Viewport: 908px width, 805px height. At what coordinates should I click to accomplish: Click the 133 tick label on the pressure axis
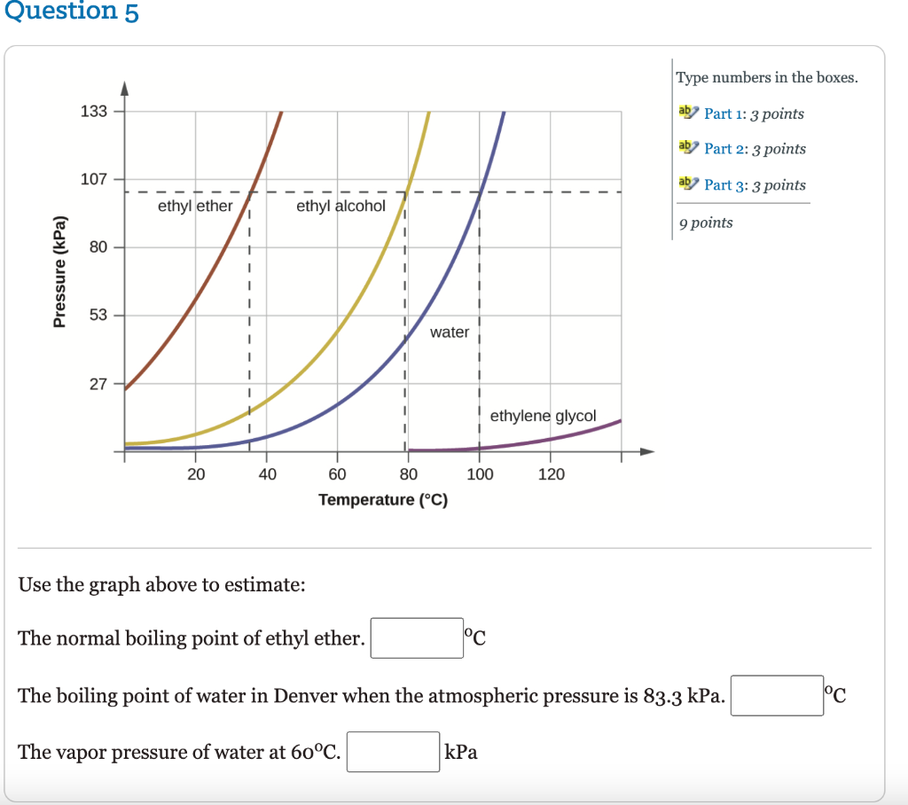(x=93, y=111)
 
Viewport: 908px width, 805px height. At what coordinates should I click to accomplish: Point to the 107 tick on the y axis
(x=93, y=179)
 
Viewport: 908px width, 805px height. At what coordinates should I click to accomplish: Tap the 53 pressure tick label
(x=97, y=315)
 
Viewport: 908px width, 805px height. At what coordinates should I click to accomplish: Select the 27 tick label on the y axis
(x=97, y=384)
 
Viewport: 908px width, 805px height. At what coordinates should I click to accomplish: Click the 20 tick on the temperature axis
(x=196, y=474)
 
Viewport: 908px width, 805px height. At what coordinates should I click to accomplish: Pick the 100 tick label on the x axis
(x=480, y=474)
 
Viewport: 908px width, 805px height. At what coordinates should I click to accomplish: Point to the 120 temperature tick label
(x=551, y=474)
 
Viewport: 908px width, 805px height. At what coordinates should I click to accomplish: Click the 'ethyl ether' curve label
(x=195, y=206)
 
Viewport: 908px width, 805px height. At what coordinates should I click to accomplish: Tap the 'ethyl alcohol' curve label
(x=340, y=206)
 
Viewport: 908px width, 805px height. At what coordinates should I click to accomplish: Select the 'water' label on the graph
(x=450, y=332)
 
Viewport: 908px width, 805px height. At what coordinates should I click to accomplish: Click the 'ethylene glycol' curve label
(x=543, y=416)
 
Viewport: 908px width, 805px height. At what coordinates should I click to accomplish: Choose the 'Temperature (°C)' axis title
(x=383, y=500)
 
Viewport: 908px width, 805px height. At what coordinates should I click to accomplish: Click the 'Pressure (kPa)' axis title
(x=60, y=270)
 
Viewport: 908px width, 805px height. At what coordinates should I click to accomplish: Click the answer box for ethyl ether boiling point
(x=417, y=638)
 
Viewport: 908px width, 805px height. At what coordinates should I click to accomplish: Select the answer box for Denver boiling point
(x=777, y=696)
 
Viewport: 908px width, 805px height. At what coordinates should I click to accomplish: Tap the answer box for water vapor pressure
(x=393, y=752)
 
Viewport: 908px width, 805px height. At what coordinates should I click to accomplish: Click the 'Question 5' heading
(x=70, y=12)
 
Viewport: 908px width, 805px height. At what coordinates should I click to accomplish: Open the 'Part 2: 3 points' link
(x=755, y=149)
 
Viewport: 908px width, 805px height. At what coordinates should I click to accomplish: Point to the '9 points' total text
(x=706, y=223)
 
